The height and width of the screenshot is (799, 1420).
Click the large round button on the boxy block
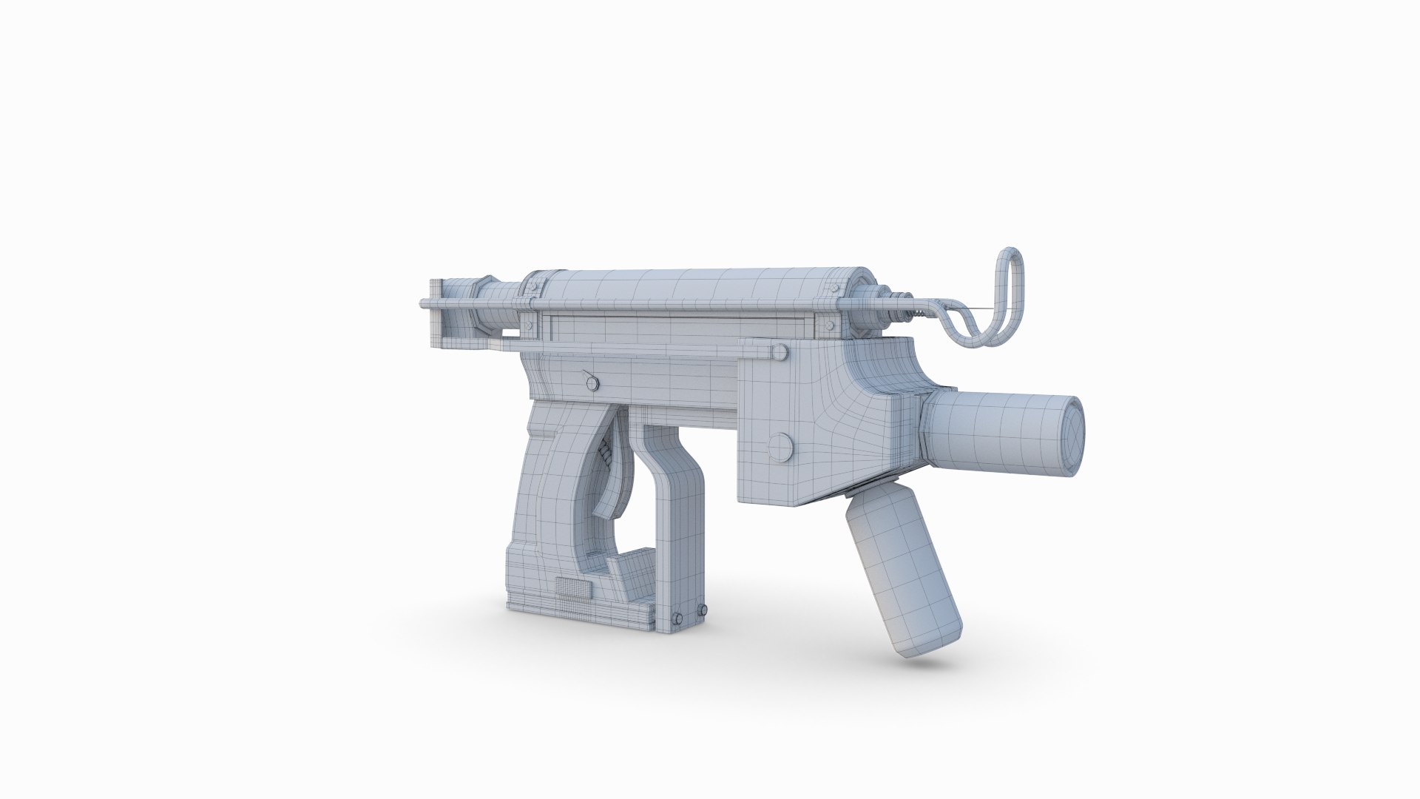pyautogui.click(x=780, y=445)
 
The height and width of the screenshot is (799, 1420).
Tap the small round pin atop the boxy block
pyautogui.click(x=777, y=354)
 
